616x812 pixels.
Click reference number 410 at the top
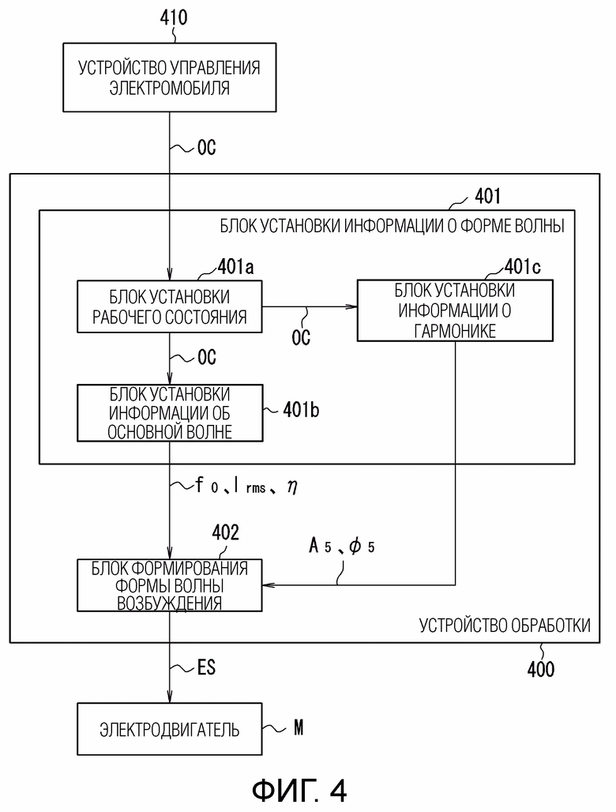pos(174,17)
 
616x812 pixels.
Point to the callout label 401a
pos(235,267)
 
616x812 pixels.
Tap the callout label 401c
pos(522,267)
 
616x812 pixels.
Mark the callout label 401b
pos(301,410)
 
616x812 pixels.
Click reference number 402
pos(226,532)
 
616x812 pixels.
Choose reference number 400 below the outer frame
pos(541,669)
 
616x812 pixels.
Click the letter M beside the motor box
pos(299,728)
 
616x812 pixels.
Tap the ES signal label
pos(206,667)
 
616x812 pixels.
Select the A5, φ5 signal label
pos(342,546)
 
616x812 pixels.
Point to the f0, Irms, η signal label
pos(246,486)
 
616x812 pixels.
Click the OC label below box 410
pos(207,148)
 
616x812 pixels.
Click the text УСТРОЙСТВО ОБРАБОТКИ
pos(505,626)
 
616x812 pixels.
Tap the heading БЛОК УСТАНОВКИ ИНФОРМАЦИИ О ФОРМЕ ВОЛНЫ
pos(392,226)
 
